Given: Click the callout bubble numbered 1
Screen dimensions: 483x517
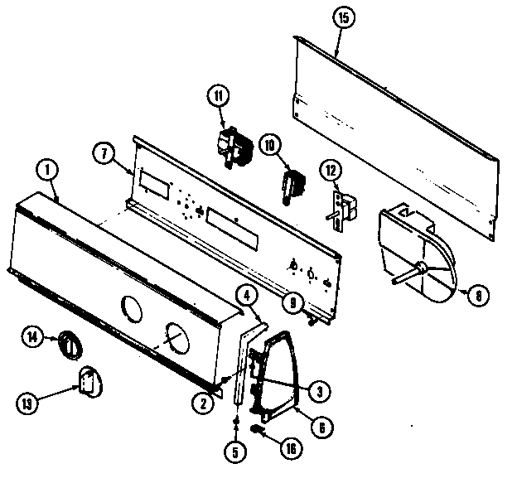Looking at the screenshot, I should [47, 171].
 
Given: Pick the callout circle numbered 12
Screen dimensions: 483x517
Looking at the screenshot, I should [330, 171].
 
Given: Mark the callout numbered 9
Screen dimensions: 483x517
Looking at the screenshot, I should [289, 303].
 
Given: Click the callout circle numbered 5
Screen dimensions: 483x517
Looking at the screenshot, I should [235, 452].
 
